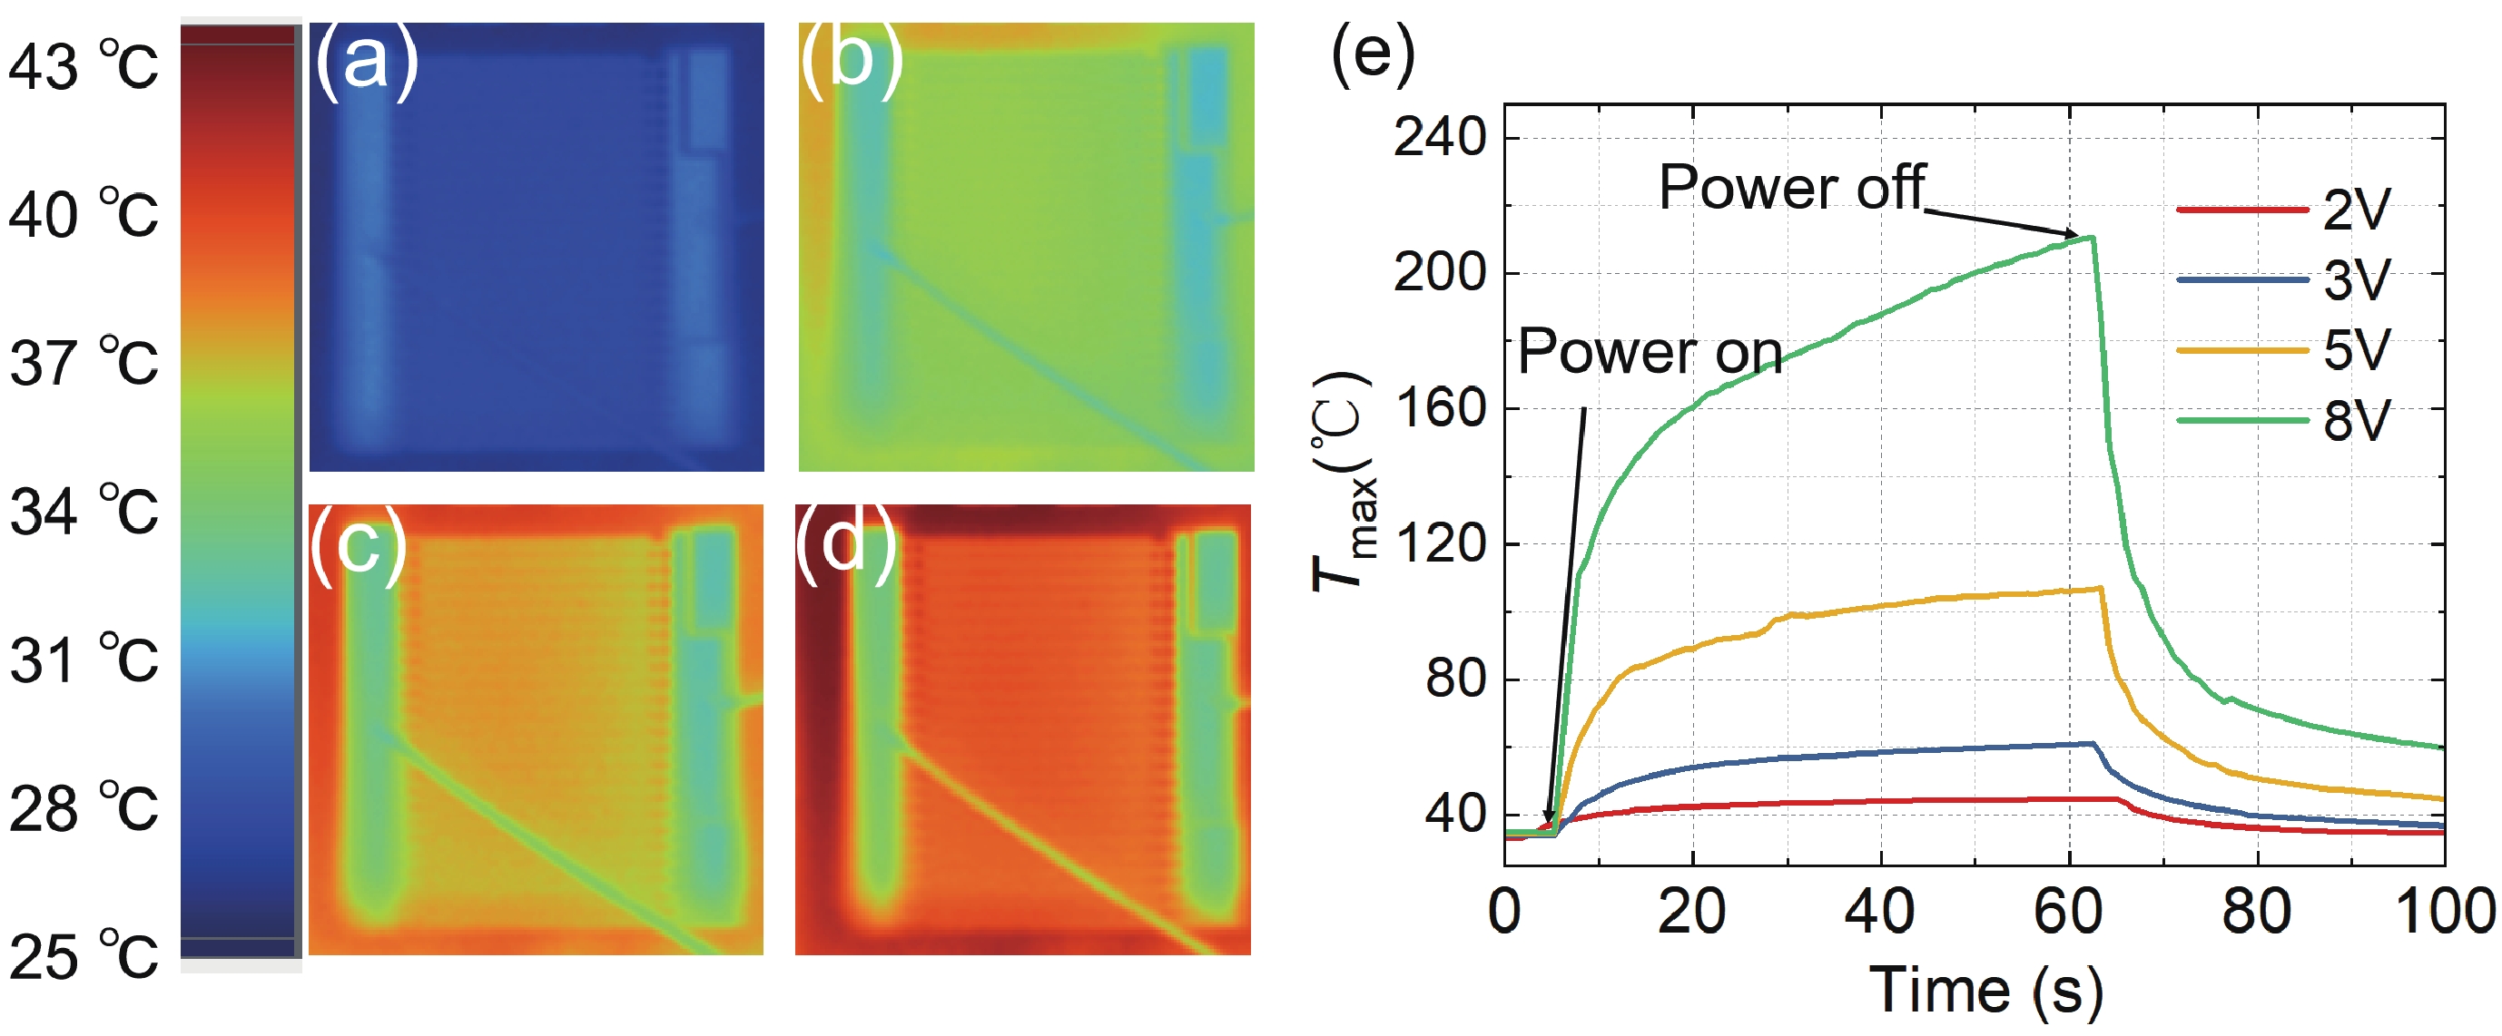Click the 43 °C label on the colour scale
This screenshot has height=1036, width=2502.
(x=83, y=67)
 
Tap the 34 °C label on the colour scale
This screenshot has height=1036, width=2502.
(x=83, y=512)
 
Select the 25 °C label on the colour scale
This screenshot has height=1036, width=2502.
(x=83, y=956)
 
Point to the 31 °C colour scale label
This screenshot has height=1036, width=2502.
(x=83, y=660)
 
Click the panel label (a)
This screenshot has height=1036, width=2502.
(x=365, y=60)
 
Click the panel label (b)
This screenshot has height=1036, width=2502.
(x=851, y=60)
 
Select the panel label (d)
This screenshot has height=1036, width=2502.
(x=845, y=543)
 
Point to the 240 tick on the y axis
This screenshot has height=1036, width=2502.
(x=1440, y=137)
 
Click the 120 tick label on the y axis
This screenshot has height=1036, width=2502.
(x=1440, y=542)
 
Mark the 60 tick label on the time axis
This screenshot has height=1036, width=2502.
(x=2068, y=912)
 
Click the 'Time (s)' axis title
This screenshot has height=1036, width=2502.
(x=1985, y=992)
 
